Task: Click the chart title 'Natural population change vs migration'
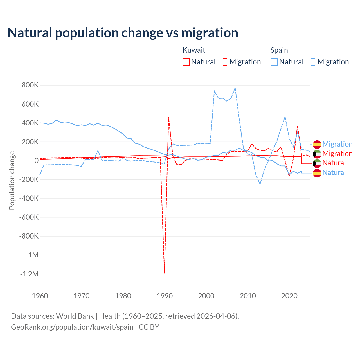(123, 33)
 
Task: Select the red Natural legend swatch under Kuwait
(186, 62)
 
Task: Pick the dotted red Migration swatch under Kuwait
(224, 62)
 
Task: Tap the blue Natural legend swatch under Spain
(274, 62)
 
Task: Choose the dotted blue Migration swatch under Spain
(312, 62)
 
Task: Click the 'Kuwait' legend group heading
(194, 50)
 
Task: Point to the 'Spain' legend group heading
(279, 50)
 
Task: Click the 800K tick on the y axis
(30, 85)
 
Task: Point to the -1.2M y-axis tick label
(29, 274)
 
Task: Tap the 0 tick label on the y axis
(37, 161)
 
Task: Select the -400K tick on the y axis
(29, 198)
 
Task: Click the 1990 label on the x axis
(165, 296)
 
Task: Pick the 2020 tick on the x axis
(289, 296)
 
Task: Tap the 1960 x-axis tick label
(40, 296)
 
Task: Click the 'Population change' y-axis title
(12, 180)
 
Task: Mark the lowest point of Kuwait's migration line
(164, 273)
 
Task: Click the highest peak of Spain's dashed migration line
(235, 88)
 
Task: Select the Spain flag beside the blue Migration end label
(317, 144)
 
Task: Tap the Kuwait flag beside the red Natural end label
(317, 163)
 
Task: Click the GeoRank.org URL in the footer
(72, 327)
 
